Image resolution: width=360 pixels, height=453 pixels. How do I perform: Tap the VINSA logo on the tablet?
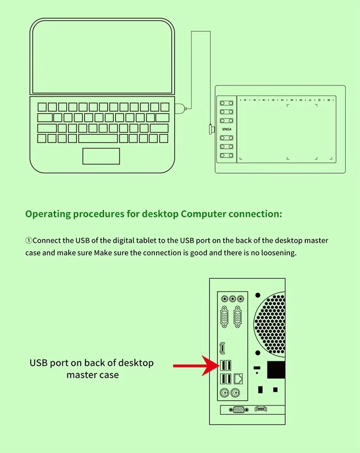227,129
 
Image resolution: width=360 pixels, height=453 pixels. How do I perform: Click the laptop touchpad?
101,156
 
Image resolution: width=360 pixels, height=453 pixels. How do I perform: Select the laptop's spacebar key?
98,138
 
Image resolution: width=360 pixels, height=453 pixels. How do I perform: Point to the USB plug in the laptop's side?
180,108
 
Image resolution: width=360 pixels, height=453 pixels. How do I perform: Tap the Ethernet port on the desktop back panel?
239,378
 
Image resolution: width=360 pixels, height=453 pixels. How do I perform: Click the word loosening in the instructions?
278,252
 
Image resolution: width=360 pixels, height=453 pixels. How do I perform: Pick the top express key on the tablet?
227,103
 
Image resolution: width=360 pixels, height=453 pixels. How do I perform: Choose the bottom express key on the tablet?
227,155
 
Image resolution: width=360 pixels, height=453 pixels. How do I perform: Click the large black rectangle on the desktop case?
276,370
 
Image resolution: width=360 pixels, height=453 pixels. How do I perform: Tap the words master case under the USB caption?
93,374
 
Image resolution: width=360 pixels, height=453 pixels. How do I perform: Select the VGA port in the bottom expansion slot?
238,409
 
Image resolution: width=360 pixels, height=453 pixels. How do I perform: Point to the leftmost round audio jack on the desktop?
224,298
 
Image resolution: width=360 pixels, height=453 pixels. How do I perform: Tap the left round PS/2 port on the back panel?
224,394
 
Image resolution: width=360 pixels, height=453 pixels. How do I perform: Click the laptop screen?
102,57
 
